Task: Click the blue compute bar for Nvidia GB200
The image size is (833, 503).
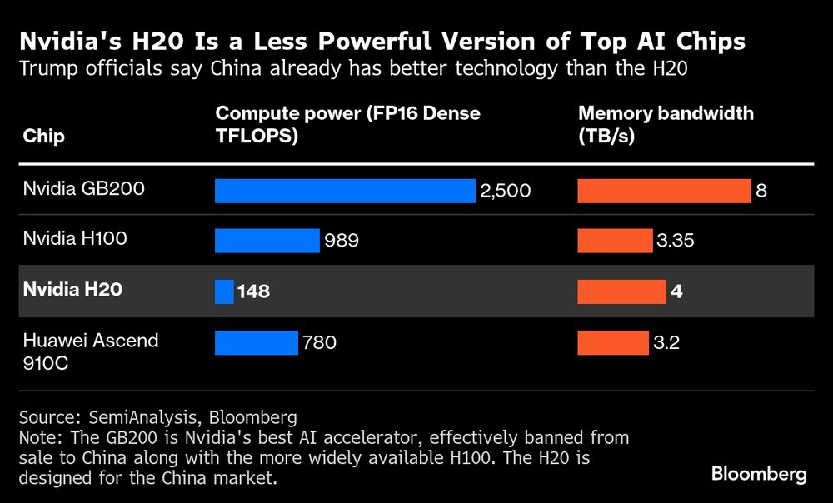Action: (x=345, y=191)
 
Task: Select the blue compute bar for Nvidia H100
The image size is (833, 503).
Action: (x=267, y=241)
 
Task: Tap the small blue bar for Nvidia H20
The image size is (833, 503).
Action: (x=224, y=291)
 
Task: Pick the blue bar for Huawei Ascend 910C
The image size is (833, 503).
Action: (x=256, y=342)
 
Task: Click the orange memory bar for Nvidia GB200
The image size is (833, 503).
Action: (x=664, y=191)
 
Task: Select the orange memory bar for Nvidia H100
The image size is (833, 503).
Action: (x=615, y=241)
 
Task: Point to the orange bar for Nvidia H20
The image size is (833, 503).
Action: (x=621, y=291)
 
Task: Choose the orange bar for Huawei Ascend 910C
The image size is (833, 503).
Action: (x=613, y=342)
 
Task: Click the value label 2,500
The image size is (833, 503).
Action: (x=505, y=191)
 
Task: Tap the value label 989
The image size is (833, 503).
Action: (x=342, y=241)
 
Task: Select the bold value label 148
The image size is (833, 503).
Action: (x=253, y=291)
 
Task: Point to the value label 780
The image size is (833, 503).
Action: (x=319, y=342)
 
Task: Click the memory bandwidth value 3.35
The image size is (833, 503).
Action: (x=675, y=241)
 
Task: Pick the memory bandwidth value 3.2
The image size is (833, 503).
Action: (x=666, y=342)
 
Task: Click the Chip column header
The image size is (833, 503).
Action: (x=43, y=136)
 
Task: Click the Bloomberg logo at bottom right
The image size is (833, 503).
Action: (x=758, y=474)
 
